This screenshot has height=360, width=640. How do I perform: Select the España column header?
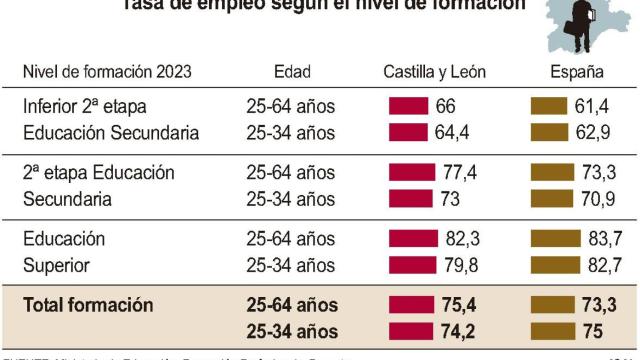click(577, 72)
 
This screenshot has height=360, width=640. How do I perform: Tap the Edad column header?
click(292, 72)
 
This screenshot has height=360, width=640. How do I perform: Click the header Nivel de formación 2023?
click(107, 72)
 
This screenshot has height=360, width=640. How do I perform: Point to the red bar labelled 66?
click(408, 106)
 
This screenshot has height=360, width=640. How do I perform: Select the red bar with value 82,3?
click(413, 239)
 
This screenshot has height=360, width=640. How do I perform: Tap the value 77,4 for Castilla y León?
click(460, 173)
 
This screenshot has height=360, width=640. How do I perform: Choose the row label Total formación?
click(88, 305)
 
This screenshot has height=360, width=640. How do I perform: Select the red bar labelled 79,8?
click(412, 265)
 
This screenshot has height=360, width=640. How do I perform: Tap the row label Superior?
click(56, 265)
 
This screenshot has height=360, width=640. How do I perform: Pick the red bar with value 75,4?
click(412, 305)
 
